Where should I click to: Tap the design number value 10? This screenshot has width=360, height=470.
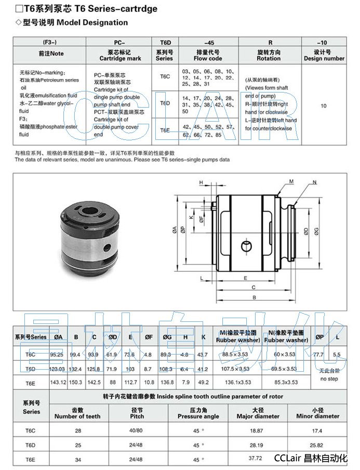(x=323, y=106)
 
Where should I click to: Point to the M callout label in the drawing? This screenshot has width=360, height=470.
(x=291, y=181)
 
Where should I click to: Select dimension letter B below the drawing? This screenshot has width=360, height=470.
(x=254, y=297)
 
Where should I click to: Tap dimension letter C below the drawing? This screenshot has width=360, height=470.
(x=253, y=287)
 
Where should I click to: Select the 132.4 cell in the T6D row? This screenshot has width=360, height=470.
(x=77, y=369)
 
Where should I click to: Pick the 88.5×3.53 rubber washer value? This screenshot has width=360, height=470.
(x=234, y=355)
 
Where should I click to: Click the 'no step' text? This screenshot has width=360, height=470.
(x=330, y=378)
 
